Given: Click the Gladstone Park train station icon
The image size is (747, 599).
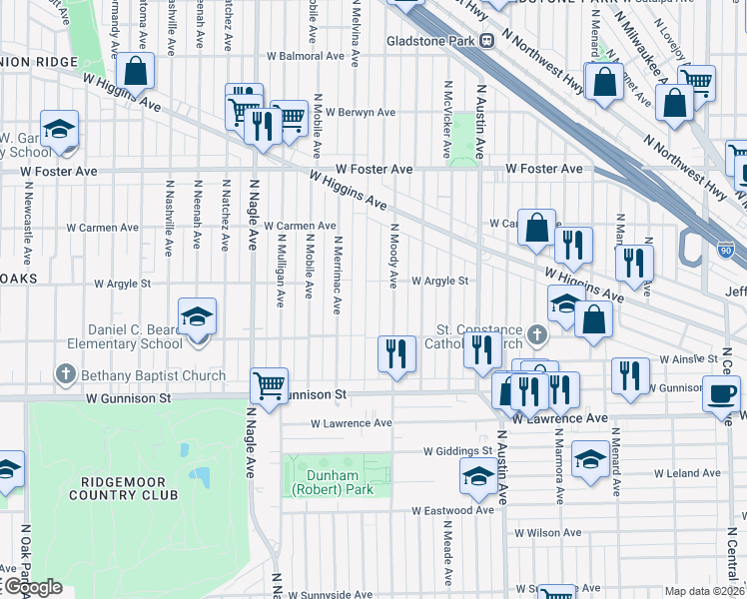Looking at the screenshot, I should coord(487,41).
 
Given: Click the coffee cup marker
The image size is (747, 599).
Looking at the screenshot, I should coord(721,390).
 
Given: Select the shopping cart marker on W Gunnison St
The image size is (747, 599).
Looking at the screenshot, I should coord(269,384).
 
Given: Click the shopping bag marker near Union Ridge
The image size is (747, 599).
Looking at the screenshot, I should coord(135,71).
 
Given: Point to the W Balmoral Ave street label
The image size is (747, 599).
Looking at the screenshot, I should coord(297,56).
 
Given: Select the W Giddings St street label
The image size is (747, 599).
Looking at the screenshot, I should coord(457,450).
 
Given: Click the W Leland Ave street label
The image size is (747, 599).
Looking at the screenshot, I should coord(687,472).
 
